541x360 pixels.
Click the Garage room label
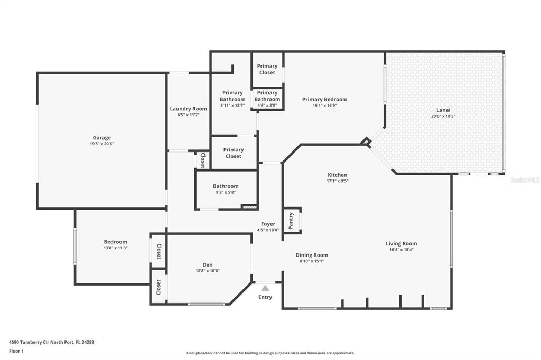102,138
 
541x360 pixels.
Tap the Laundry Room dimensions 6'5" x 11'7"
189,115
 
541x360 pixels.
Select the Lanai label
443,110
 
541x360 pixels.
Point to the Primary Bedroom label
325,99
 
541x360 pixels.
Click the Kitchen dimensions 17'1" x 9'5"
338,181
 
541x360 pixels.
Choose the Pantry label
291,221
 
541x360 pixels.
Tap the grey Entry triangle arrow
265,288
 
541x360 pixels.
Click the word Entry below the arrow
265,297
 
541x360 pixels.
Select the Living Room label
402,243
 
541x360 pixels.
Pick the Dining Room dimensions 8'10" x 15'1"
312,261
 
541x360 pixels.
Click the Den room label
207,264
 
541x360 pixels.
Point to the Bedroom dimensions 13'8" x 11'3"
116,248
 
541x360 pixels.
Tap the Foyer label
268,224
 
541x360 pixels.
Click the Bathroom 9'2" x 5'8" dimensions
226,192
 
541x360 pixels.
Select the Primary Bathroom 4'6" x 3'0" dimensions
267,106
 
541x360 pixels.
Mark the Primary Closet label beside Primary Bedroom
267,69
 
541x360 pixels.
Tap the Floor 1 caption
16,351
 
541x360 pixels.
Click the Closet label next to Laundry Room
203,160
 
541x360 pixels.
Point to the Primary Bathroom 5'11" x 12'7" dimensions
232,106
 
